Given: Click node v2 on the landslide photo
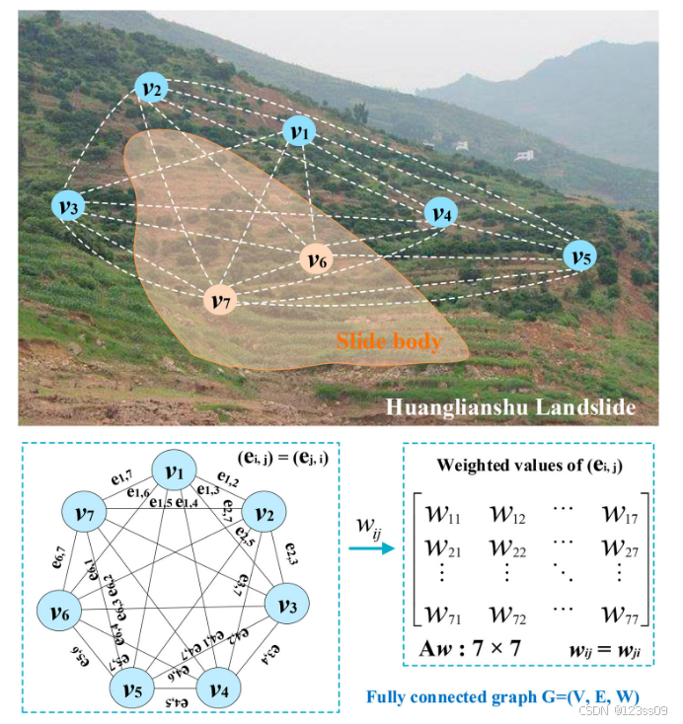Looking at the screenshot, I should pyautogui.click(x=152, y=89).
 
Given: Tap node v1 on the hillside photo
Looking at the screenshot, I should pyautogui.click(x=299, y=130).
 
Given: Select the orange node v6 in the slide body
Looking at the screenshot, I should pyautogui.click(x=317, y=259).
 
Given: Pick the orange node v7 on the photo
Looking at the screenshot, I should pyautogui.click(x=220, y=300).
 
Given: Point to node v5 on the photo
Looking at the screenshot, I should pyautogui.click(x=579, y=256).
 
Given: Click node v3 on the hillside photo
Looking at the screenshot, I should pyautogui.click(x=68, y=206).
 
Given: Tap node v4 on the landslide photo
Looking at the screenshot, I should pyautogui.click(x=440, y=212).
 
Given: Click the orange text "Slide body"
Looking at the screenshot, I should pyautogui.click(x=388, y=342).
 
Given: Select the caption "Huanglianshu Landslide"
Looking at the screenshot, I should pyautogui.click(x=509, y=405).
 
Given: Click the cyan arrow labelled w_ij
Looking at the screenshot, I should pyautogui.click(x=369, y=544).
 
